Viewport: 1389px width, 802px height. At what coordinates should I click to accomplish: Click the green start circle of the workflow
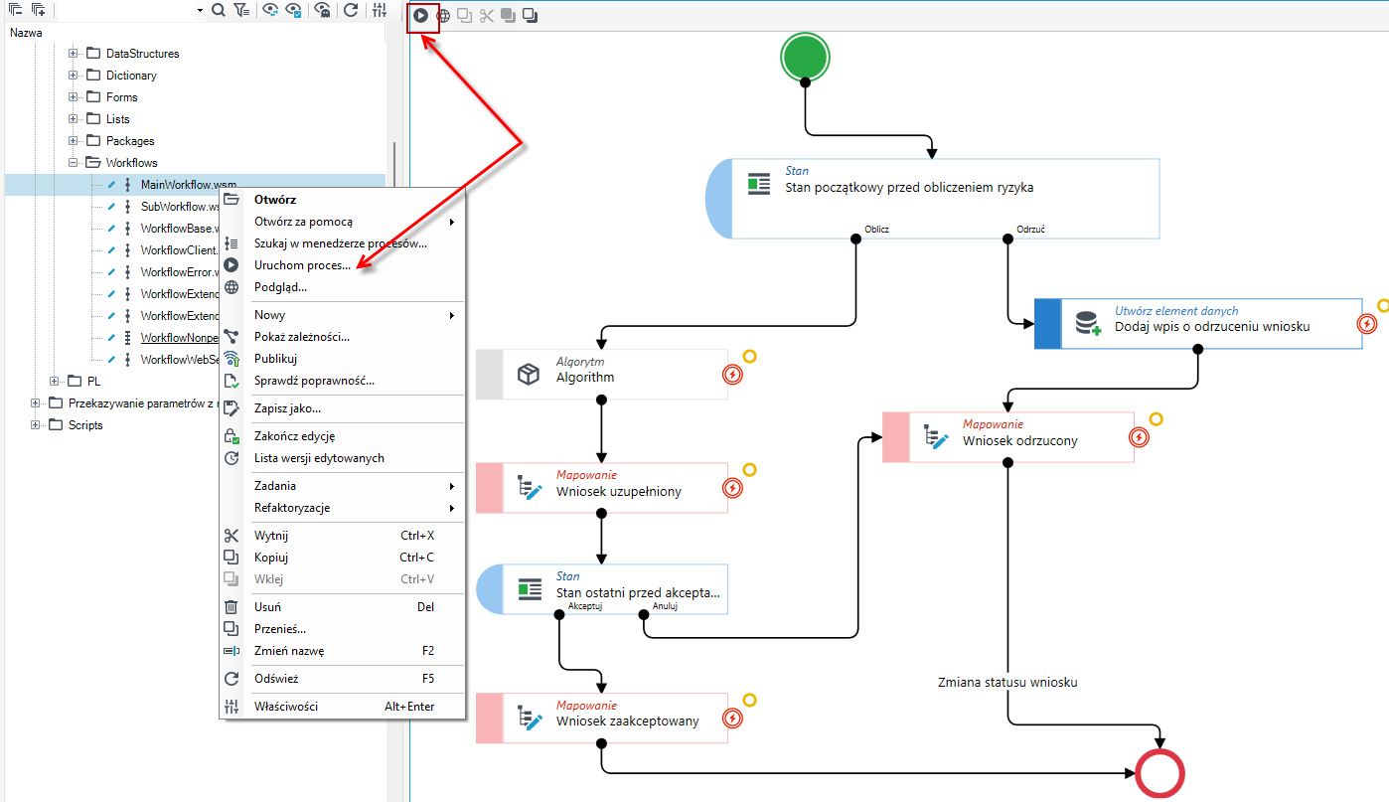(x=805, y=57)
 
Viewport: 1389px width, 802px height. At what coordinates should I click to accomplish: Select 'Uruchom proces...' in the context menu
(x=302, y=265)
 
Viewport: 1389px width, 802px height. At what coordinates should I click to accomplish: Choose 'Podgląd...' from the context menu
(x=280, y=287)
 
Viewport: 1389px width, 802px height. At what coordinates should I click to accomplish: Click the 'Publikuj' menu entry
(x=275, y=359)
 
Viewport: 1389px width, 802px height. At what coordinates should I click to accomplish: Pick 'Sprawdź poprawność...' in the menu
(x=314, y=381)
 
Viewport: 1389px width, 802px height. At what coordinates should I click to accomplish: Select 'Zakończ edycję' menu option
(x=294, y=436)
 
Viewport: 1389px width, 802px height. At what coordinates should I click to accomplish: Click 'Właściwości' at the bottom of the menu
(x=286, y=706)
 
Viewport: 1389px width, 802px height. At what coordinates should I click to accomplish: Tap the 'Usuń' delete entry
(x=267, y=606)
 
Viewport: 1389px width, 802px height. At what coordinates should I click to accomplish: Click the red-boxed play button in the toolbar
(x=420, y=15)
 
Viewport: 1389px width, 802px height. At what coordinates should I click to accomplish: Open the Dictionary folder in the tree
(x=131, y=76)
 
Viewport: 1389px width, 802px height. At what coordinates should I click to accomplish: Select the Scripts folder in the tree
(x=85, y=425)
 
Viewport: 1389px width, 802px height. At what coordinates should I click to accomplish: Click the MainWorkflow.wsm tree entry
(x=188, y=184)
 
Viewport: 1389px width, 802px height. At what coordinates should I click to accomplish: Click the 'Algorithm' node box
(x=601, y=374)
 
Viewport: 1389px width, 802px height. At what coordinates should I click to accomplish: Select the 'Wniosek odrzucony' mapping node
(x=1008, y=436)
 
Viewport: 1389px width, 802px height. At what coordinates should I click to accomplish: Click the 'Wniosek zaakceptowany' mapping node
(x=601, y=718)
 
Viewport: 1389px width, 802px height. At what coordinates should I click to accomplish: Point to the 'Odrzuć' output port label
(x=1030, y=229)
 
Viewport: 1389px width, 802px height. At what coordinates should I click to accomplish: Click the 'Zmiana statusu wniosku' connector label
(x=1007, y=683)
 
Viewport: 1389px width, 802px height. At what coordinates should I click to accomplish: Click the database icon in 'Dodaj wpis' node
(x=1088, y=323)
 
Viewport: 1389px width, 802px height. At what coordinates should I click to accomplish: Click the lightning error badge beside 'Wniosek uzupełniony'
(x=732, y=488)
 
